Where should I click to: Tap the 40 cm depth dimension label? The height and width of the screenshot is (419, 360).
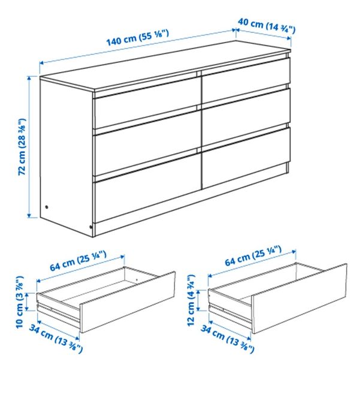tap(266, 25)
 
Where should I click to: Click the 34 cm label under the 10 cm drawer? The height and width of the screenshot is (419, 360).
tap(55, 339)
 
